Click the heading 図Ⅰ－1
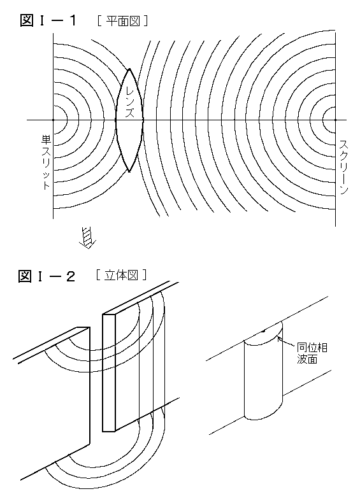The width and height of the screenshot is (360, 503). click(x=49, y=21)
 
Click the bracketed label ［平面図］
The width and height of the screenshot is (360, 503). click(x=123, y=21)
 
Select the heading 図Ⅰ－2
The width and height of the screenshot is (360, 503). click(x=47, y=276)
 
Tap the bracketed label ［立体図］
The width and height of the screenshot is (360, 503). click(x=122, y=275)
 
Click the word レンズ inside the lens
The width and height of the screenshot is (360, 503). click(x=129, y=101)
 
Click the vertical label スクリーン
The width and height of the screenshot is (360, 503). click(x=343, y=167)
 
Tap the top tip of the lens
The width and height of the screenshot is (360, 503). click(x=129, y=69)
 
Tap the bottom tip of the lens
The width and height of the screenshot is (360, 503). click(x=129, y=171)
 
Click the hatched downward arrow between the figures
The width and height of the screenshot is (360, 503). click(x=87, y=237)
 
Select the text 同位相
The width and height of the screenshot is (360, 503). click(x=312, y=347)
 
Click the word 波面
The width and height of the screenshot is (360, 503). click(x=307, y=358)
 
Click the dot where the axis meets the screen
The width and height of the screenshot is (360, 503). click(x=335, y=120)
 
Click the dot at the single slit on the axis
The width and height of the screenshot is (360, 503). click(x=53, y=120)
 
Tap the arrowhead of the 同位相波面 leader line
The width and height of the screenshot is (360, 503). click(x=278, y=338)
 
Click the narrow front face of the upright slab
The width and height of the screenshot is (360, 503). click(x=108, y=372)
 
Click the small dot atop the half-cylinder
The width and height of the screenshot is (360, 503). click(x=263, y=330)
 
